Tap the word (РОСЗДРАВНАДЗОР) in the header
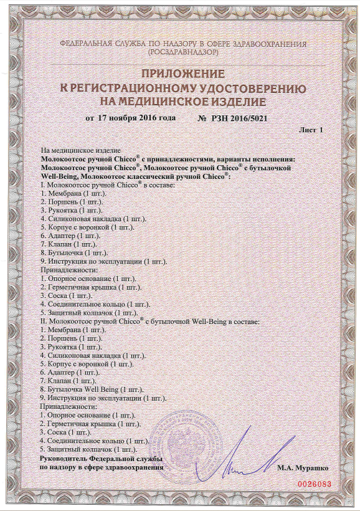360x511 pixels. [182, 54]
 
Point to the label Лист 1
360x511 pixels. [311, 130]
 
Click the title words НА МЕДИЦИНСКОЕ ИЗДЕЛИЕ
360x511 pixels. [182, 101]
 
